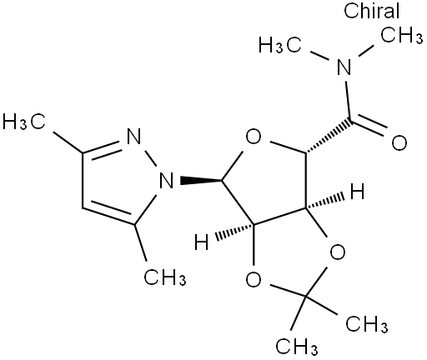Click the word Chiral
[371, 11]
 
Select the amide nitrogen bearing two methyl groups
[344, 67]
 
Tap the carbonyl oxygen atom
[399, 142]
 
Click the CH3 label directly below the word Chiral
[401, 35]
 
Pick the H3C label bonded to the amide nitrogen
[279, 45]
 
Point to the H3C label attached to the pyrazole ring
[23, 122]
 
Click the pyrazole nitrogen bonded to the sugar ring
[166, 180]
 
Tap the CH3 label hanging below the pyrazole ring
[165, 277]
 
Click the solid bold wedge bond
[201, 180]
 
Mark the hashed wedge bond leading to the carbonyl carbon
[328, 137]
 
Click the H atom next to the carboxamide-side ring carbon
[357, 192]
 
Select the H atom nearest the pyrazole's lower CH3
[201, 242]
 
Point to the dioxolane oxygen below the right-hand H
[337, 252]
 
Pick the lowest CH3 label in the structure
[297, 346]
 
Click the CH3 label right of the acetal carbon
[367, 323]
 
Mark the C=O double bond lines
[369, 127]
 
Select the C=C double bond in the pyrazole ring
[109, 212]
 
